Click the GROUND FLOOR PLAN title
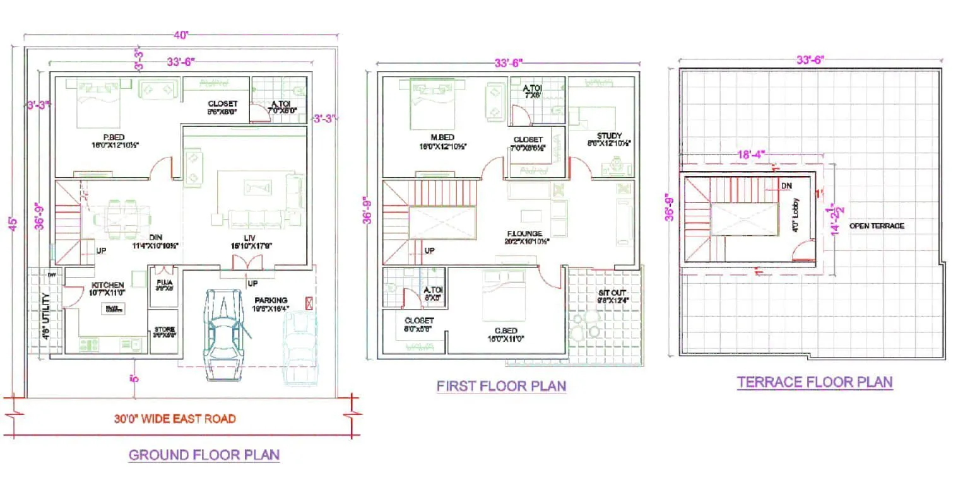(204, 455)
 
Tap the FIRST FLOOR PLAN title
(501, 385)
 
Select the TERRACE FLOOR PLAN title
(814, 382)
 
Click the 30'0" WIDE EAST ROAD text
(175, 419)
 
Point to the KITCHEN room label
(108, 285)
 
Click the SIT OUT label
(610, 293)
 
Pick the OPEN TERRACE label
(877, 226)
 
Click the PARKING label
(270, 300)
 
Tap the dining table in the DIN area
(122, 218)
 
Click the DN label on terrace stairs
(786, 186)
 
